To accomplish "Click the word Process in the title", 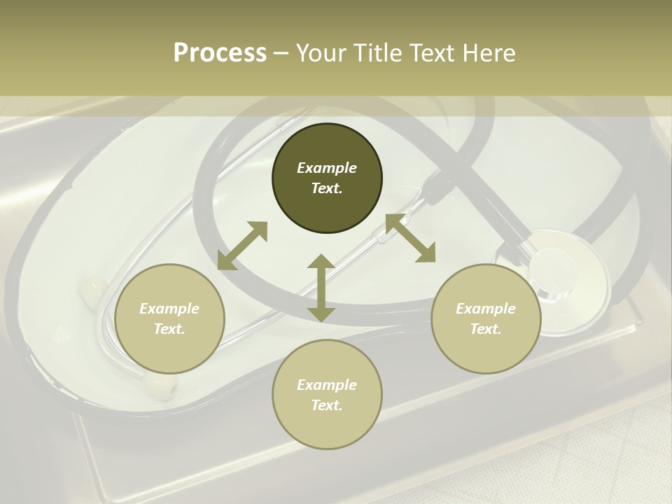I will coord(220,53).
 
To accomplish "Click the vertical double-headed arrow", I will coord(321,288).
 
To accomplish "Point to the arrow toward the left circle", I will coord(242,246).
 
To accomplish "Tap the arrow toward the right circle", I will coord(410,239).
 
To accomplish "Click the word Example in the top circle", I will coord(327,168).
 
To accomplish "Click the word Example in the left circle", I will coord(169,309).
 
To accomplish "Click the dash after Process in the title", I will coord(281,53).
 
